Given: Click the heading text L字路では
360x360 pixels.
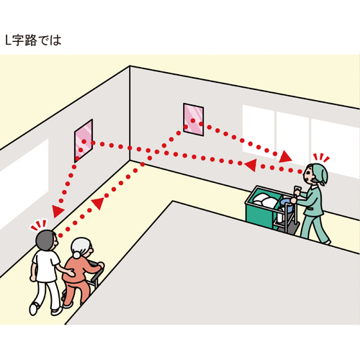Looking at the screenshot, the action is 33,40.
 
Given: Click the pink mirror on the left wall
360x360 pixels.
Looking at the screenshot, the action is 84,141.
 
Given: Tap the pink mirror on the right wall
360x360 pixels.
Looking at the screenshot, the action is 194,120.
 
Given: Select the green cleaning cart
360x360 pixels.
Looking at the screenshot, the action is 272,209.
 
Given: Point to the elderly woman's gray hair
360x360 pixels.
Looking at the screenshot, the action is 81,247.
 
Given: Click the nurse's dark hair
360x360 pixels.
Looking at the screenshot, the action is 45,240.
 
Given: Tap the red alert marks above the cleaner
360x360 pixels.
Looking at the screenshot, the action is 321,158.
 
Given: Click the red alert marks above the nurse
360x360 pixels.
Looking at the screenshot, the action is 38,225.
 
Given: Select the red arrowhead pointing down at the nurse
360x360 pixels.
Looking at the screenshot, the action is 57,211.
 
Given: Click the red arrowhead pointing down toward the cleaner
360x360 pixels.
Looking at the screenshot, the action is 285,157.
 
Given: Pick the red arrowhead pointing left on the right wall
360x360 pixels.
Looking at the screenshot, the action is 251,165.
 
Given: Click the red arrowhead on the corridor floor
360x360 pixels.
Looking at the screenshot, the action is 99,203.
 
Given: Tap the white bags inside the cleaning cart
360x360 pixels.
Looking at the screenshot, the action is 265,200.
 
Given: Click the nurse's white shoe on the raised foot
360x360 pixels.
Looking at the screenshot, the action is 33,309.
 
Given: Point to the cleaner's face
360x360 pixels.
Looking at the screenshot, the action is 308,175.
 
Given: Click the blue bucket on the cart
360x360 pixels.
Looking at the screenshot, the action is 287,205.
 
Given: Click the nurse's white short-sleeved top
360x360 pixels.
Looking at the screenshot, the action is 45,266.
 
